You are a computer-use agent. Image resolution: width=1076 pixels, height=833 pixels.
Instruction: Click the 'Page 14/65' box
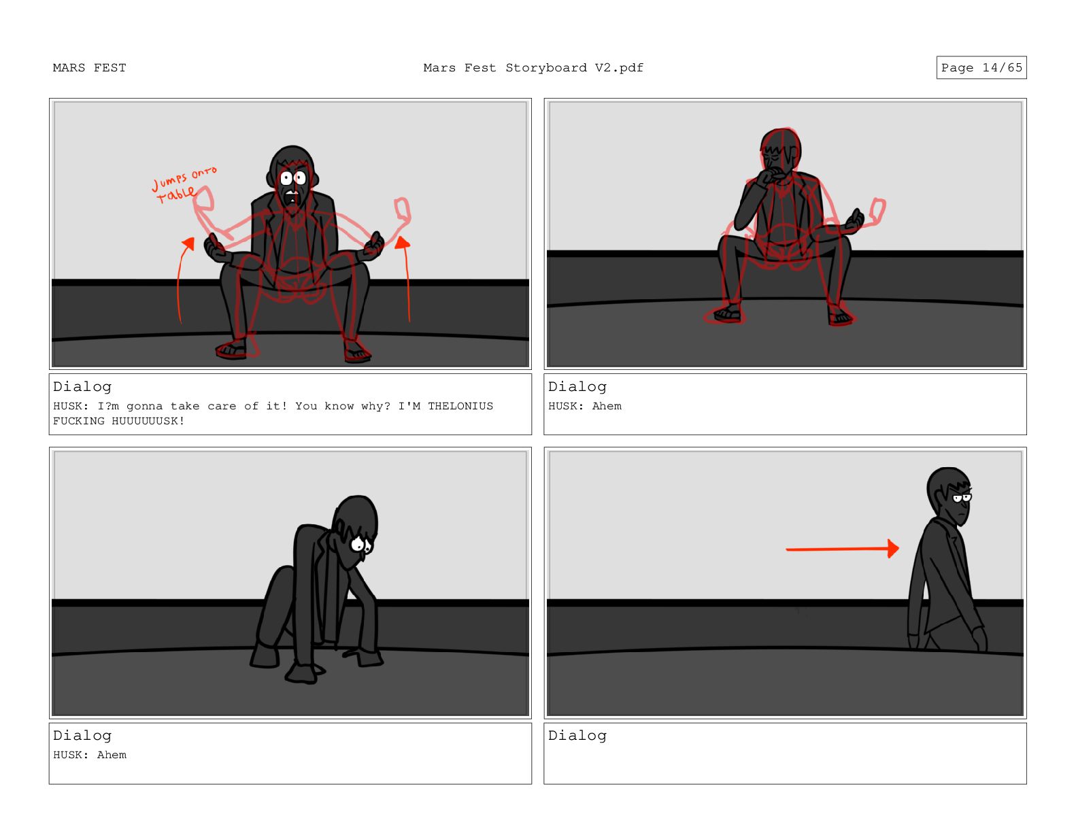pyautogui.click(x=981, y=67)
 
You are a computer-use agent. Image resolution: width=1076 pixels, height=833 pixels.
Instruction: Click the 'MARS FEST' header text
pyautogui.click(x=89, y=68)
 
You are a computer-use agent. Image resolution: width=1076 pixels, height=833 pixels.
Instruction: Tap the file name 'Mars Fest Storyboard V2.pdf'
pyautogui.click(x=533, y=68)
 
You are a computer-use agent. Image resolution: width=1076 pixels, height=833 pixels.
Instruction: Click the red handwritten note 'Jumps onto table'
pyautogui.click(x=182, y=185)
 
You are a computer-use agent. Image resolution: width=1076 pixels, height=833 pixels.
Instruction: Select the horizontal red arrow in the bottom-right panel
pyautogui.click(x=842, y=548)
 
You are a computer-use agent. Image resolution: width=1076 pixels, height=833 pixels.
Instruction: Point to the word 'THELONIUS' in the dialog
pyautogui.click(x=460, y=406)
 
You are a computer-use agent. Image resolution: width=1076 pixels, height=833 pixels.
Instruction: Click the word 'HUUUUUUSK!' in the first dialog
pyautogui.click(x=148, y=421)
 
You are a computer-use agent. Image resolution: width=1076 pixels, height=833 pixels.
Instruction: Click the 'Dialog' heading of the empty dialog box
pyautogui.click(x=577, y=736)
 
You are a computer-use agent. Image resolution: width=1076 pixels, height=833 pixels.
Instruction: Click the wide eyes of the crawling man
pyautogui.click(x=361, y=545)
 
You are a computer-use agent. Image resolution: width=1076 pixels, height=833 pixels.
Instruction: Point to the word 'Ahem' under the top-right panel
pyautogui.click(x=607, y=406)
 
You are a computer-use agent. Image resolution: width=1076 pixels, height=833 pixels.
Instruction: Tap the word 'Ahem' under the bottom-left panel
pyautogui.click(x=112, y=755)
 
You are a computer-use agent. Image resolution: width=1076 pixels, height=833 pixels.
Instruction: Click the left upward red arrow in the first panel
pyautogui.click(x=182, y=279)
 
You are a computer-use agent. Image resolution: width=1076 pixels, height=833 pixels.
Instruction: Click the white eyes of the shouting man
pyautogui.click(x=292, y=178)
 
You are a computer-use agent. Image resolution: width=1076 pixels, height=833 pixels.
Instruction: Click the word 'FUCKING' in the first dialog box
pyautogui.click(x=79, y=421)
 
